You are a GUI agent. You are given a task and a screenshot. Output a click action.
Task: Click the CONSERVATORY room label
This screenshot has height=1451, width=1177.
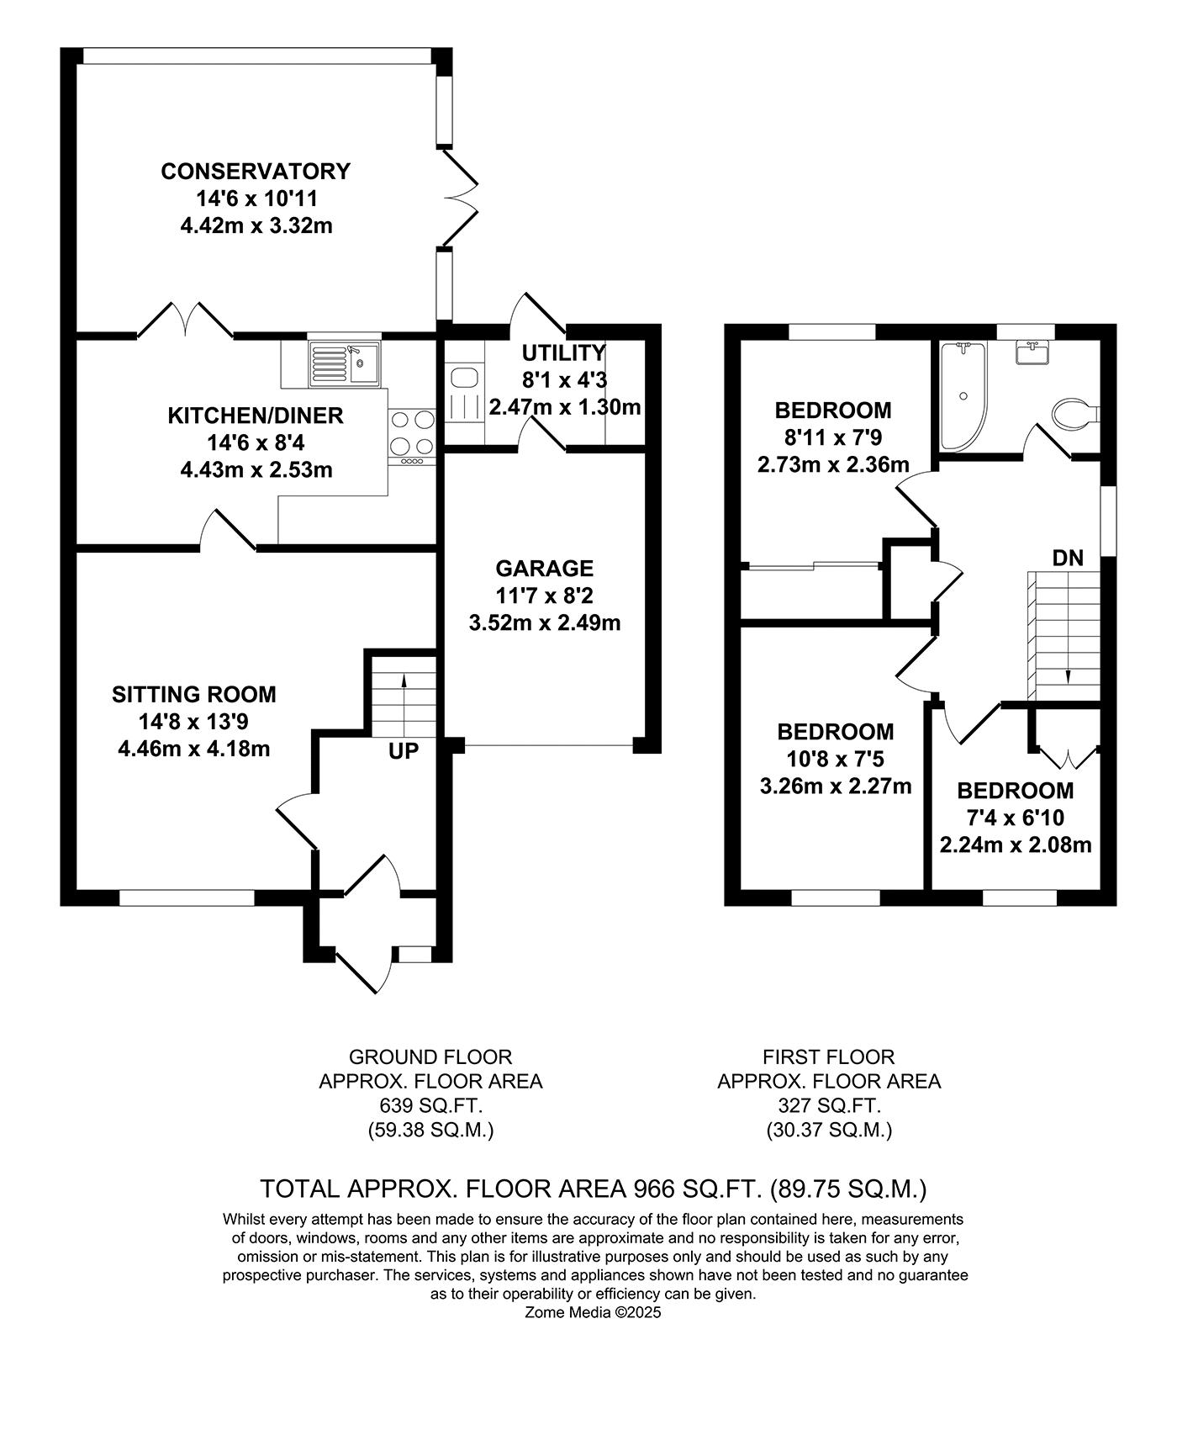(x=256, y=172)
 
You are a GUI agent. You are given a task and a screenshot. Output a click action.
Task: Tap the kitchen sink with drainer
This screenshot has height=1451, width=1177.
(x=344, y=363)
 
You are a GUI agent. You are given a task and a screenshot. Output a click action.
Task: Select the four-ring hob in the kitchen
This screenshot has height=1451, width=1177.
(x=412, y=432)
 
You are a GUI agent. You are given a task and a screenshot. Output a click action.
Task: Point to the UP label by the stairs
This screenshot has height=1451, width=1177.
(x=404, y=751)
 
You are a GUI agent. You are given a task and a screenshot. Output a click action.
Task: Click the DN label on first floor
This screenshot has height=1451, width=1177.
(x=1068, y=558)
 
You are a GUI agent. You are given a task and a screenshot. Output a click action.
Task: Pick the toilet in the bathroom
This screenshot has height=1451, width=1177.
(x=1074, y=414)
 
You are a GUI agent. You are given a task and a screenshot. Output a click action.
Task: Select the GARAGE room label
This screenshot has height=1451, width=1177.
(x=544, y=569)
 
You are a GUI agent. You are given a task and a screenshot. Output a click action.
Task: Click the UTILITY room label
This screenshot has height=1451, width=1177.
(x=563, y=352)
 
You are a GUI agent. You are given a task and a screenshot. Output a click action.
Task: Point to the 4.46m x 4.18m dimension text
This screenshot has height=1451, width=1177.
(x=194, y=749)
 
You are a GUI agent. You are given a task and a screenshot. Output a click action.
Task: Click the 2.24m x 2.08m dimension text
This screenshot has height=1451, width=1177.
(x=1015, y=845)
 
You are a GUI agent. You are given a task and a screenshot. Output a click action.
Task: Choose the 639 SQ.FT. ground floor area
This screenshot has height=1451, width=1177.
(x=430, y=1105)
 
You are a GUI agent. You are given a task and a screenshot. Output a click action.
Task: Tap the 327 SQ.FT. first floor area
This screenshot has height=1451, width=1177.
(x=828, y=1105)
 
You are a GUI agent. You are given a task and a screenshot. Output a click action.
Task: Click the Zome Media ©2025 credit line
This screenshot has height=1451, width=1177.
(x=594, y=1312)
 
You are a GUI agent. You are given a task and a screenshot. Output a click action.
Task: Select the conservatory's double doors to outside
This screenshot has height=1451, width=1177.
(x=460, y=199)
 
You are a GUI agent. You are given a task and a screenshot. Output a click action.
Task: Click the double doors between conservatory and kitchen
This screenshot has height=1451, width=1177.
(x=185, y=321)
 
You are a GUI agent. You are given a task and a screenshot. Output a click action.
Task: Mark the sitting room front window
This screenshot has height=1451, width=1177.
(x=187, y=898)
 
